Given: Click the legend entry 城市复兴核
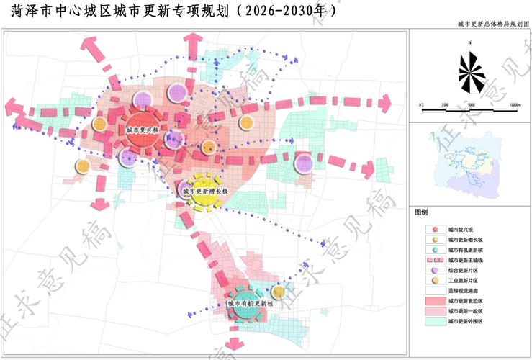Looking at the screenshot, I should click(x=461, y=228).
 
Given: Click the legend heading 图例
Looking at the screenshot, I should click(x=421, y=212).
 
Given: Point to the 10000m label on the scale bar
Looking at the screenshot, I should click(x=513, y=105).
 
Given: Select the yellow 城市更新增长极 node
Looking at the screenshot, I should click(x=204, y=191).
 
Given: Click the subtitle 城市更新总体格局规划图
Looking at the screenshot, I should click(x=487, y=24).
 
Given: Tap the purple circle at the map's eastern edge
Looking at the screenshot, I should click(x=304, y=163).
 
